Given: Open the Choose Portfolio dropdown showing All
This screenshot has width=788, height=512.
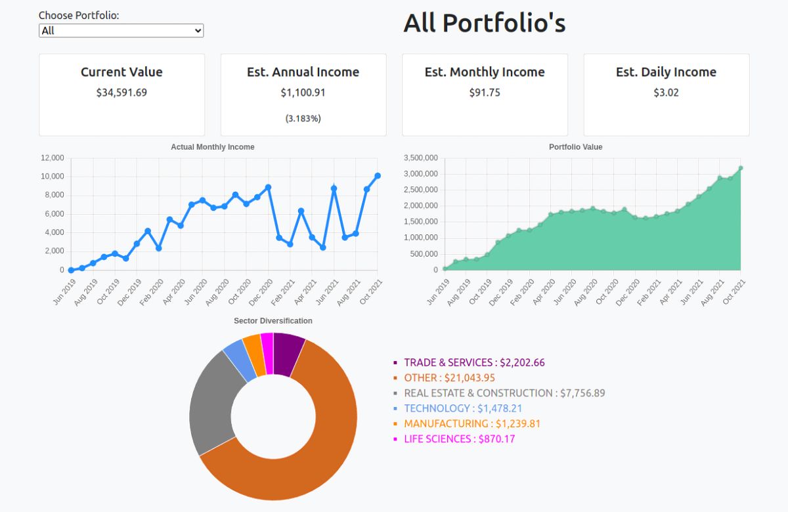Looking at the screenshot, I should click(121, 31).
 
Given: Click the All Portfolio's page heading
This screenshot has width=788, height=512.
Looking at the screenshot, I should click(484, 23).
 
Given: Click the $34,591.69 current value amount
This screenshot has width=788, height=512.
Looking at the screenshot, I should click(121, 93).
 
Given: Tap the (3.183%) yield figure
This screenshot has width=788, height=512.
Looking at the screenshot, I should click(303, 118).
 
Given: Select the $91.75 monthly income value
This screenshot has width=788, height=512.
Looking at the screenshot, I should click(485, 93).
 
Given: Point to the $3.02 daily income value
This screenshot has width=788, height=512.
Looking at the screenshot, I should click(666, 93).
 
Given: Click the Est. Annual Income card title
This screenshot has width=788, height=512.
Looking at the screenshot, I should click(303, 72).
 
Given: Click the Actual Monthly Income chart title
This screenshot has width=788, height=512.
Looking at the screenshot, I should click(212, 147).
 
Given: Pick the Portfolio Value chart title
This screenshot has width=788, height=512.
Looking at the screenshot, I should click(575, 147).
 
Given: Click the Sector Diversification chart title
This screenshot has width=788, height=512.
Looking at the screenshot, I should click(273, 321).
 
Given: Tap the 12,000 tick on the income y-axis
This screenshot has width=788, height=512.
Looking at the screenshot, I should click(53, 158).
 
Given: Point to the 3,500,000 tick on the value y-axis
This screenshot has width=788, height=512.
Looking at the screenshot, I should click(421, 158).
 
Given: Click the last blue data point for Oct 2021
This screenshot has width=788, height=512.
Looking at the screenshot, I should click(378, 176).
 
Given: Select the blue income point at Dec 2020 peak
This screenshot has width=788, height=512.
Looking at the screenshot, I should click(268, 187).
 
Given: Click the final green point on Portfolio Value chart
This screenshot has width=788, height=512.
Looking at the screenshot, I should click(741, 168).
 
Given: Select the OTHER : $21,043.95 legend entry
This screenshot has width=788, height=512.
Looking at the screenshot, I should click(449, 378).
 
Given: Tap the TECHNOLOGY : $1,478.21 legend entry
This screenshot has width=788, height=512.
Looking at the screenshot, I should click(463, 408).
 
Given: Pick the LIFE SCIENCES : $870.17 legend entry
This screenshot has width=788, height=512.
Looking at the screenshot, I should click(459, 439).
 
